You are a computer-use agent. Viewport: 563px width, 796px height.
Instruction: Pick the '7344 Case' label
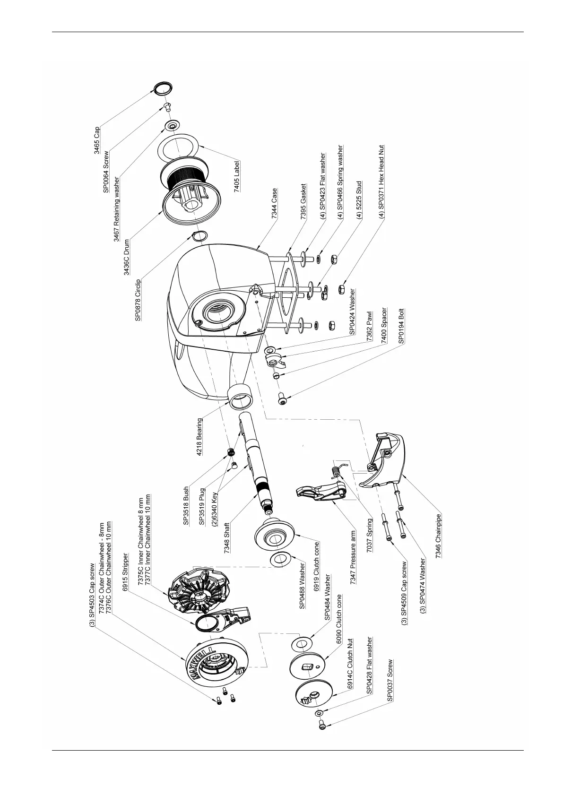(275, 204)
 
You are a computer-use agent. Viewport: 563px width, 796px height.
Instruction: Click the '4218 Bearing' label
(200, 436)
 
